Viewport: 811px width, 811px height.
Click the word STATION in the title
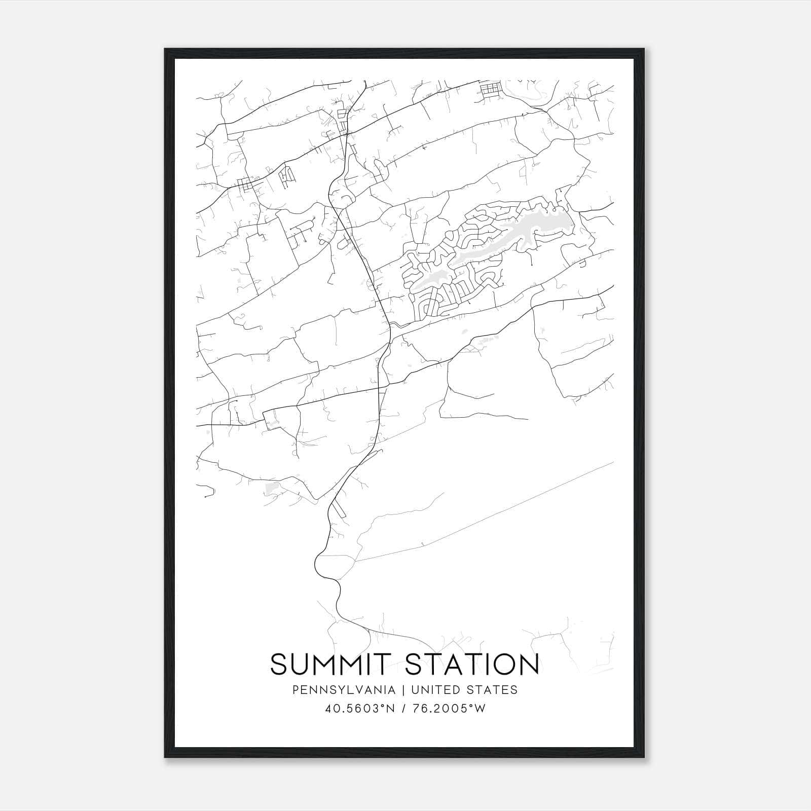(472, 664)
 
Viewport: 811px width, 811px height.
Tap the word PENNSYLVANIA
(343, 690)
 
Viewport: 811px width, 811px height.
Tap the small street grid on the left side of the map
(247, 185)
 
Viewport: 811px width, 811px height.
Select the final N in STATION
(528, 664)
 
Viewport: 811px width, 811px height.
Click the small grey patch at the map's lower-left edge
(272, 488)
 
